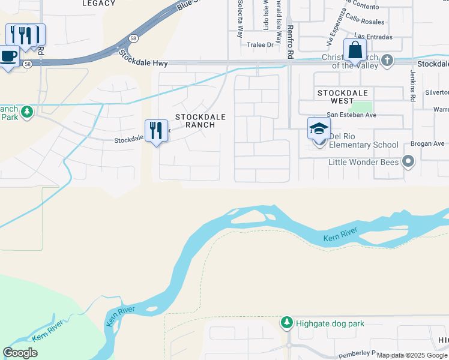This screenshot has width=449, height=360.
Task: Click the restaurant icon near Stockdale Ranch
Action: (156, 130)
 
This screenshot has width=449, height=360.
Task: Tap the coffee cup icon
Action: (8, 56)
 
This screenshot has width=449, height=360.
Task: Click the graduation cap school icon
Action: (319, 128)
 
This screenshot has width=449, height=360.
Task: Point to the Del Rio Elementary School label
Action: (363, 145)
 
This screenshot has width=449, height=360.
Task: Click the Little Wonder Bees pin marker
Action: (409, 161)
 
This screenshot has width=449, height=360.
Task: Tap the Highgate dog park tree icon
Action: (286, 323)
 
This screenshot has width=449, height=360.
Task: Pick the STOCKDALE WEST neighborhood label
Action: (344, 97)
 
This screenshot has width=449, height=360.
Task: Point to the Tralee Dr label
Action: (260, 45)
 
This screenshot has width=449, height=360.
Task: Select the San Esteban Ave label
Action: (351, 115)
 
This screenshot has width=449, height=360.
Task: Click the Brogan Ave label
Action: (427, 144)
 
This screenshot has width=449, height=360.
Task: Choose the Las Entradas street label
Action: (373, 37)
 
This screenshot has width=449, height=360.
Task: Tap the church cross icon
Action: (387, 60)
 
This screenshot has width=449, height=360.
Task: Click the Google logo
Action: (20, 353)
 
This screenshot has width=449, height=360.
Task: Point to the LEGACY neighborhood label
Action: (99, 4)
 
